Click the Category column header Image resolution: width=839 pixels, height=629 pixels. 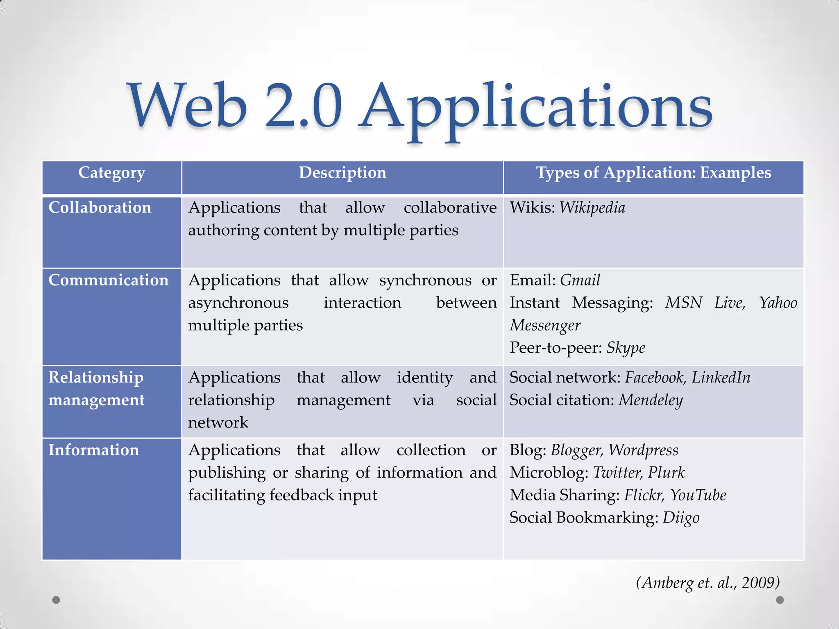pos(111,173)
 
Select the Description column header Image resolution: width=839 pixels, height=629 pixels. pos(342,173)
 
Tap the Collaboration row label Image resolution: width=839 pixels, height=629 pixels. pos(100,208)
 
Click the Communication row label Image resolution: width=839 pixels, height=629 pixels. pos(109,280)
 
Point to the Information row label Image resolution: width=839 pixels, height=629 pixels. pos(94,450)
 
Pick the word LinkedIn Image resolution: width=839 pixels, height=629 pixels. pos(721,378)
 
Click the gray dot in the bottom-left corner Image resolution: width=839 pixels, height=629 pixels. pos(57,600)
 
